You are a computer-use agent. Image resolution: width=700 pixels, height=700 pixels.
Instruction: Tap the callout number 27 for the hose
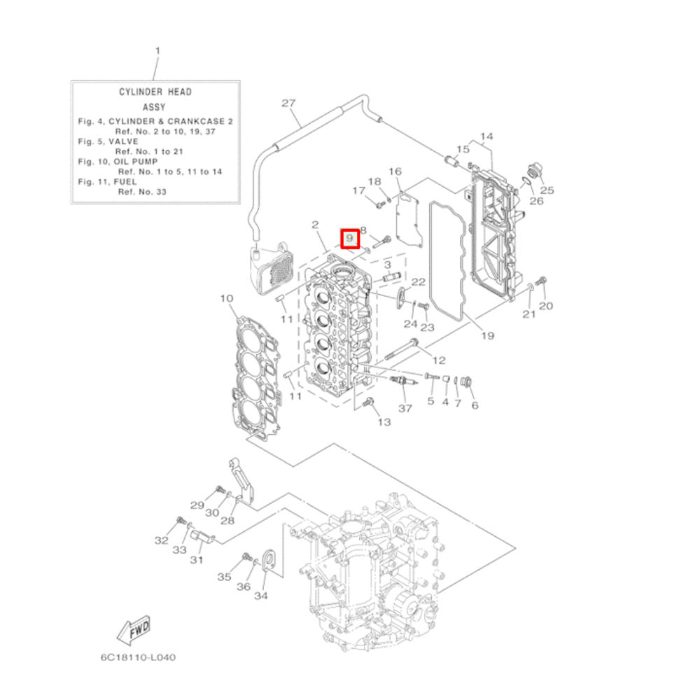(289, 103)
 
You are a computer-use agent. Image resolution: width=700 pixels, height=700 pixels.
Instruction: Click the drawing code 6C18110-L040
(137, 658)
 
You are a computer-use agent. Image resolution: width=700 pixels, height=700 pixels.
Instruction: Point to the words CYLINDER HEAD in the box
(155, 92)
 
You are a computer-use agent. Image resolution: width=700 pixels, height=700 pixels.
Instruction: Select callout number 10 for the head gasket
(226, 299)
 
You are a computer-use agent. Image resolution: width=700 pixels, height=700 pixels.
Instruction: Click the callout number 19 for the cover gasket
(487, 335)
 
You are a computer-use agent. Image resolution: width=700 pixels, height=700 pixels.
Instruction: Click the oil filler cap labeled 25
(533, 171)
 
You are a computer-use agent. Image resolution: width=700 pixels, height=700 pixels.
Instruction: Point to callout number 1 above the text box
(157, 51)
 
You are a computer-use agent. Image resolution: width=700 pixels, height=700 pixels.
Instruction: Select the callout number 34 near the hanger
(260, 596)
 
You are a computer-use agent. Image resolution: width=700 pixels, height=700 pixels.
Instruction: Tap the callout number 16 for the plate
(395, 171)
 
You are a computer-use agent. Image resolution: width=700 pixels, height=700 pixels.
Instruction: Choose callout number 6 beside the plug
(474, 405)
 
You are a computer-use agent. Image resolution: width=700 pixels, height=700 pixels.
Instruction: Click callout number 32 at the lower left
(161, 540)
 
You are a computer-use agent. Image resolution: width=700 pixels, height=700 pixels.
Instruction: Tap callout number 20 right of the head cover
(546, 305)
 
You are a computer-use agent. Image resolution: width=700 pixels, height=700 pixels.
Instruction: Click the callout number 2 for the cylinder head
(315, 225)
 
